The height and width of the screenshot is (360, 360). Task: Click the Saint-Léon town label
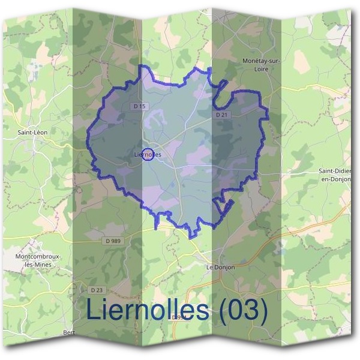click(x=32, y=131)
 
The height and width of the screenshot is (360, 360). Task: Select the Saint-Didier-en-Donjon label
click(x=339, y=175)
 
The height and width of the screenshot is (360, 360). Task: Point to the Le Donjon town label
click(x=220, y=266)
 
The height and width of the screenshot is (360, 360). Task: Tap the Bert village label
click(x=69, y=331)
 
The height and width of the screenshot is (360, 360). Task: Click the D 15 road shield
click(x=139, y=106)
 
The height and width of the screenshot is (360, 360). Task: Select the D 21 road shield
click(x=221, y=114)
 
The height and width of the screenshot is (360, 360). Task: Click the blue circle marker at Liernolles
click(x=149, y=154)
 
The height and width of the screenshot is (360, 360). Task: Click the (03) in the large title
click(x=242, y=310)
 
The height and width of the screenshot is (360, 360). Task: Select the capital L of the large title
click(x=92, y=309)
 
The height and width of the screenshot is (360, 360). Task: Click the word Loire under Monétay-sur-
click(x=262, y=69)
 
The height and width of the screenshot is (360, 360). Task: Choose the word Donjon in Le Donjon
click(x=224, y=266)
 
